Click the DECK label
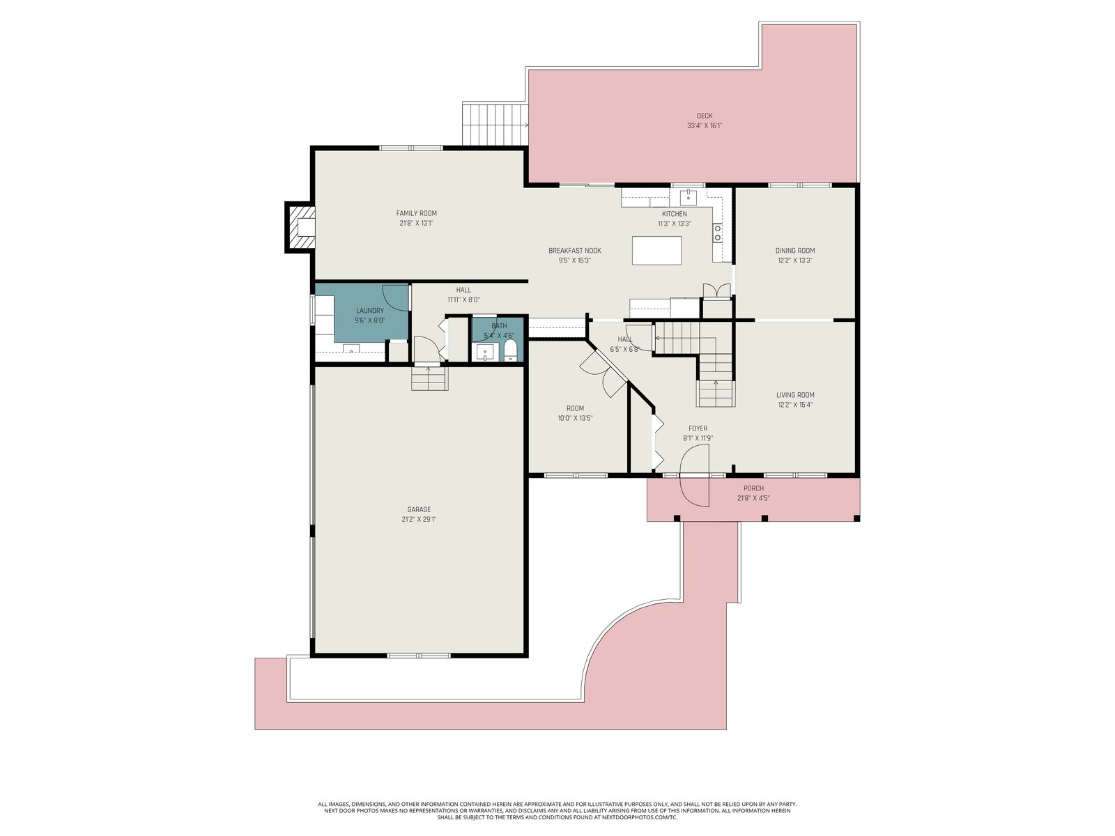coord(704,116)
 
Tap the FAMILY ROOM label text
coord(416,213)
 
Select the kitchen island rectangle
coord(656,250)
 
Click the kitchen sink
coord(688,195)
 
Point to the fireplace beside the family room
coord(299,226)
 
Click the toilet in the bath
coord(510,350)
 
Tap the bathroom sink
coord(484,351)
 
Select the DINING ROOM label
coord(795,250)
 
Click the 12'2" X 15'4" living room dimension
coord(795,405)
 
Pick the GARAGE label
coord(419,509)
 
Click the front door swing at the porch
coord(695,475)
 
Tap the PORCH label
coord(753,488)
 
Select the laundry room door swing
coord(395,297)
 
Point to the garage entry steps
coord(430,378)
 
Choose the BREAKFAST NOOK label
coord(574,250)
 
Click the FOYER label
coord(698,428)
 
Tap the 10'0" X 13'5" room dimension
coord(575,418)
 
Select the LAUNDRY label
coord(370,311)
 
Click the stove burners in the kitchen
coord(717,233)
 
